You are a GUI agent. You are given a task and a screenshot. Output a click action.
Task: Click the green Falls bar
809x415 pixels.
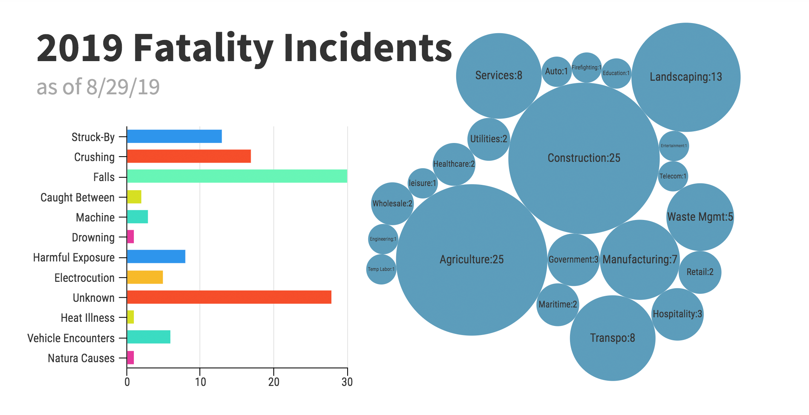(237, 176)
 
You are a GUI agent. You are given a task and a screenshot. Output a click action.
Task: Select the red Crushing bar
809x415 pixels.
(188, 156)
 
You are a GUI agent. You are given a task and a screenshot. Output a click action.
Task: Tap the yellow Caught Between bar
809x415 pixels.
(134, 197)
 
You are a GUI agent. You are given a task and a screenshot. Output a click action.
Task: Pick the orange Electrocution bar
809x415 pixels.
(145, 277)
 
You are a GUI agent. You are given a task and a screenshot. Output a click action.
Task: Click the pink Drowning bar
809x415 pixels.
(130, 237)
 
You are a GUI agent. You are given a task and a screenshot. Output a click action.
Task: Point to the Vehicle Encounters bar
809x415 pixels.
(149, 337)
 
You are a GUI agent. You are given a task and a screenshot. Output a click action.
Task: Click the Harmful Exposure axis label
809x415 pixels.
(74, 258)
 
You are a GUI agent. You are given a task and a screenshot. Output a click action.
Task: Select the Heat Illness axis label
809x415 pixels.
(87, 318)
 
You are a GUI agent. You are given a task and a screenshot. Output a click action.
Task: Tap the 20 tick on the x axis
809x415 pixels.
(274, 382)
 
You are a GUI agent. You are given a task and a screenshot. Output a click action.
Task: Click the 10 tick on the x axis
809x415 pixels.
(200, 382)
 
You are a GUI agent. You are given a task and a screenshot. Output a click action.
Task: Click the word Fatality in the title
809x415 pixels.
(203, 48)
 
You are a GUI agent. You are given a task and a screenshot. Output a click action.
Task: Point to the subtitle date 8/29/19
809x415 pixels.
(123, 87)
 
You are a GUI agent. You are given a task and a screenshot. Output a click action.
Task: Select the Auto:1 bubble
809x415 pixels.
(556, 71)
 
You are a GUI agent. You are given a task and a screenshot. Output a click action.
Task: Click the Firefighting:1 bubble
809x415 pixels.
(586, 68)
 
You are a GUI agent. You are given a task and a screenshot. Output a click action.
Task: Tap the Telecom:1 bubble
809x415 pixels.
(673, 176)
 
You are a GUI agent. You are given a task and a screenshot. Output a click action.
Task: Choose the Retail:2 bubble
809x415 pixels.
(700, 272)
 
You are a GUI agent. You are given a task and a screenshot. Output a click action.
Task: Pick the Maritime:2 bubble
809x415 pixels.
(558, 304)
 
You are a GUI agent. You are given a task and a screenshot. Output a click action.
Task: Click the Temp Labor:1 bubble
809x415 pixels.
(381, 269)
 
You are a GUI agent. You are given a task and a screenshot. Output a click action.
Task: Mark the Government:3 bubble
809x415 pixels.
(573, 260)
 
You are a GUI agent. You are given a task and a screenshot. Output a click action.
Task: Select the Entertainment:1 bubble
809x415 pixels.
(674, 146)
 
